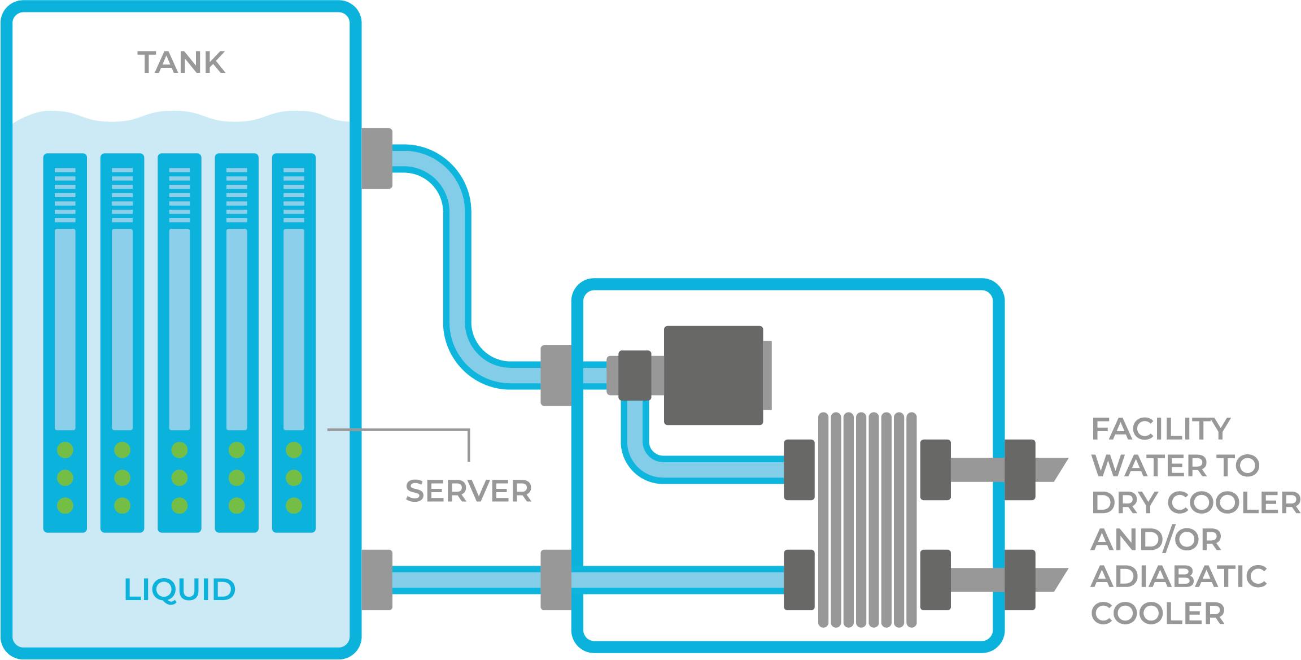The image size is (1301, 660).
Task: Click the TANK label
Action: click(181, 63)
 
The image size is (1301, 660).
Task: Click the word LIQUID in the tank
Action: click(179, 589)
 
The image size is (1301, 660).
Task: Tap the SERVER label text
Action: click(468, 491)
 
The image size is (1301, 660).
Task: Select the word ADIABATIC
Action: click(1179, 576)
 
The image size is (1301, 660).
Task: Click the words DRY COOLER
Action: click(1195, 502)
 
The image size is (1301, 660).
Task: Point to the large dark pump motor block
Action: click(713, 375)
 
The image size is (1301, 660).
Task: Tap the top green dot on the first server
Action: click(65, 450)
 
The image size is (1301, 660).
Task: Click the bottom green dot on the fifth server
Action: click(294, 505)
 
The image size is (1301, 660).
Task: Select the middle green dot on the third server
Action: click(179, 477)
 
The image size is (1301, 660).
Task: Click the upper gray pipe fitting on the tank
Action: click(376, 158)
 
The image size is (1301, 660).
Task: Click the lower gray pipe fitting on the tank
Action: click(376, 579)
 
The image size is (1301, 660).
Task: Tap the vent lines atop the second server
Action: click(122, 195)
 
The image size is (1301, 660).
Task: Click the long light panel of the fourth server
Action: click(237, 329)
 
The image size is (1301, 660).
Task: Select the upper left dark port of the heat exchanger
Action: click(799, 470)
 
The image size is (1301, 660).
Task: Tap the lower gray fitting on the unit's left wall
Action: click(556, 580)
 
